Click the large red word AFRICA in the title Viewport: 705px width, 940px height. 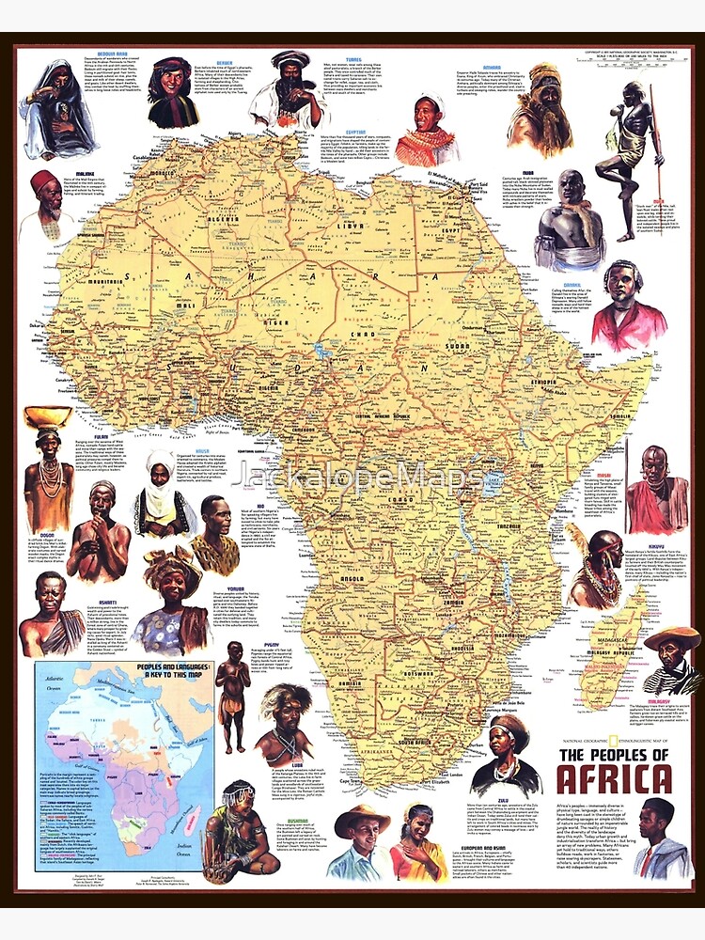pyautogui.click(x=614, y=779)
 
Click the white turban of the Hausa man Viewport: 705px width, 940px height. pyautogui.click(x=161, y=468)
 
